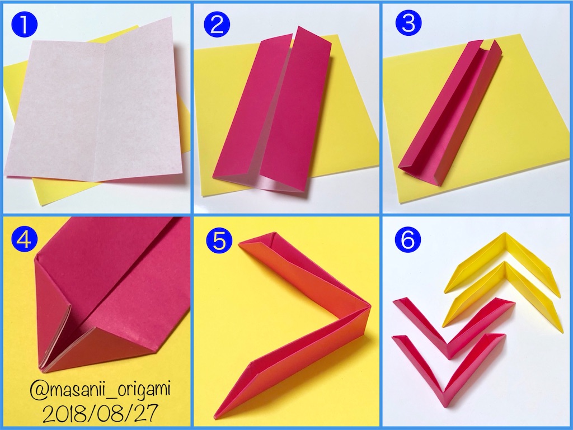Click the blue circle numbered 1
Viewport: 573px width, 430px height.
coord(25,25)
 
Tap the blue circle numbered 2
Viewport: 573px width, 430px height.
coord(217,24)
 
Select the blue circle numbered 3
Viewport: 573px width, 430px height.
coord(408,22)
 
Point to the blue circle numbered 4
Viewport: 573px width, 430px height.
coord(25,239)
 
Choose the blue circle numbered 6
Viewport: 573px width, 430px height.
coord(408,239)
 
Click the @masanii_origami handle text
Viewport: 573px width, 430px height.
coord(100,390)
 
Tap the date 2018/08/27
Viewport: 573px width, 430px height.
coord(101,413)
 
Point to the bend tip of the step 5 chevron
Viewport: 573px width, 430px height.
coord(370,306)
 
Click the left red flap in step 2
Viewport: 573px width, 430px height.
coord(252,110)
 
